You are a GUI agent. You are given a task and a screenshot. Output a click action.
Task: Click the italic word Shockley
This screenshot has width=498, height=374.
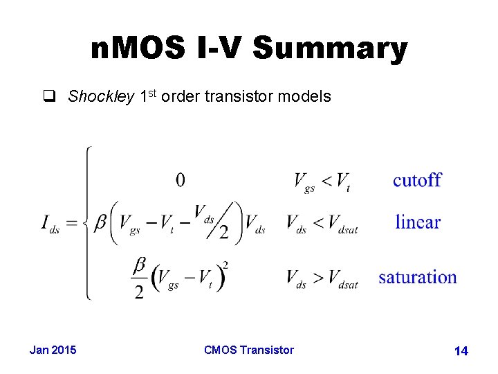pos(101,97)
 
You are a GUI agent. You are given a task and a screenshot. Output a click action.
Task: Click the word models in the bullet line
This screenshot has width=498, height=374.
pos(304,97)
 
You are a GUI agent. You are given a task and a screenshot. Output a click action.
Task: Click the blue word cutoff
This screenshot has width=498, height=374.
pos(417,181)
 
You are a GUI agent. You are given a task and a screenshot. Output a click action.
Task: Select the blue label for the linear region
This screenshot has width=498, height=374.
pos(417,222)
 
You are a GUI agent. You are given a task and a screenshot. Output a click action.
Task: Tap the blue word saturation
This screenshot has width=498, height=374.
pos(417,278)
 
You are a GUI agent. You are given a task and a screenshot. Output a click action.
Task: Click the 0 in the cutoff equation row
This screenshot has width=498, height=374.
pos(180,181)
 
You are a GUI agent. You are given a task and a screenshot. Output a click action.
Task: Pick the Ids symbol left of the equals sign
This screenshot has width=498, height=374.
pos(50,224)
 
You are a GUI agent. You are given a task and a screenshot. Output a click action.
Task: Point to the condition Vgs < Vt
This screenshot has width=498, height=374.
pos(322,182)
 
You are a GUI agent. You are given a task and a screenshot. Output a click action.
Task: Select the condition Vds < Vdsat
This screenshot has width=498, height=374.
pos(322,224)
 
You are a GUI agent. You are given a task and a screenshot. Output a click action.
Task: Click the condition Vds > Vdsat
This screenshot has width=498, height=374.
pos(322,278)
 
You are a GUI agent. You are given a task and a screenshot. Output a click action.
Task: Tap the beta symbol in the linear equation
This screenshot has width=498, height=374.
pos(100,222)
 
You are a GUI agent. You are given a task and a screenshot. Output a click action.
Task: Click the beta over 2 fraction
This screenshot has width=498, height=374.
pos(139,278)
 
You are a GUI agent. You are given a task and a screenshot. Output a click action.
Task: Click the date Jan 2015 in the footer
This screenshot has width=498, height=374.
pos(53,350)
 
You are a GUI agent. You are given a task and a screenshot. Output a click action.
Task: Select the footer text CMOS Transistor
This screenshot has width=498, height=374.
pos(249,350)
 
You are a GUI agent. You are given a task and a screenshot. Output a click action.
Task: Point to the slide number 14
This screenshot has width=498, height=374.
pos(461,351)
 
